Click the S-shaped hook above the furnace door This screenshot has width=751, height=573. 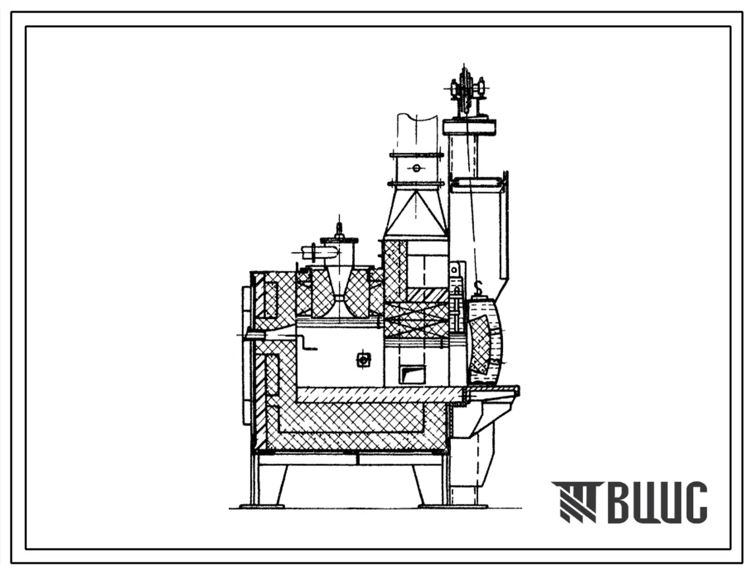[477, 288]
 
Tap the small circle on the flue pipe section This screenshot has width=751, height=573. [416, 168]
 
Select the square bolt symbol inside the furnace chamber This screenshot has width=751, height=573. [363, 359]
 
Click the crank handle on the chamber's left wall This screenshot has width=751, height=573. [307, 344]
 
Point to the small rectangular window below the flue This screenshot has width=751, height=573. [413, 374]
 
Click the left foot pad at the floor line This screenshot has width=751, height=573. [262, 506]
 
